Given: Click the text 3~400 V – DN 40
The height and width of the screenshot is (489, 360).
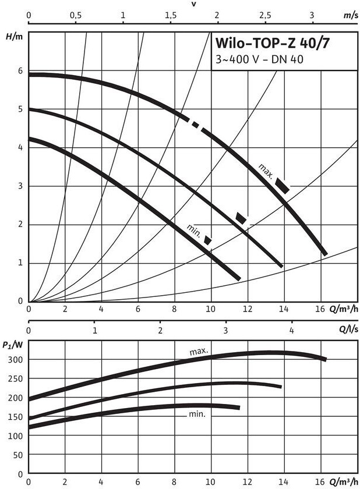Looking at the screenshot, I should [x=259, y=59].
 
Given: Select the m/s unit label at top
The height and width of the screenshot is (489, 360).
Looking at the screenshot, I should [x=350, y=16].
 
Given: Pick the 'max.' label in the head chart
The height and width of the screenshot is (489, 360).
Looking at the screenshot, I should [x=266, y=171].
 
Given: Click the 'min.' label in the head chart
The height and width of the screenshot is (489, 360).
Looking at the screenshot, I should [x=194, y=230].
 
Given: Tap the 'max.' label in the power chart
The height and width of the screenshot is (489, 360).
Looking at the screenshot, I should [x=199, y=352].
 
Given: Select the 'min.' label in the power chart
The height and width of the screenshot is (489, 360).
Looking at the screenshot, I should [x=197, y=414].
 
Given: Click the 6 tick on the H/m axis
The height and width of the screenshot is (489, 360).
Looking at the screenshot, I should [x=20, y=71].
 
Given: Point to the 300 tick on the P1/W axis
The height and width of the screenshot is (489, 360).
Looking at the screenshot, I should [x=17, y=359].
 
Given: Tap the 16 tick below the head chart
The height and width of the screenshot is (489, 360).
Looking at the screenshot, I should [x=319, y=309].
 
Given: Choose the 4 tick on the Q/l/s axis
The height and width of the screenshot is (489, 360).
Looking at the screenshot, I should [x=291, y=330].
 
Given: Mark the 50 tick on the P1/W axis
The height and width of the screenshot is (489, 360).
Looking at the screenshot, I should [x=19, y=455].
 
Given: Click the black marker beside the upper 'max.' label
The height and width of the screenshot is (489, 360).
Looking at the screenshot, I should [x=283, y=185].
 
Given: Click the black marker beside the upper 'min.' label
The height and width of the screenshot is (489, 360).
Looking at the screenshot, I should [x=207, y=239].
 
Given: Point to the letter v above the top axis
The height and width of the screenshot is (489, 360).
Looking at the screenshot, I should [x=194, y=3].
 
